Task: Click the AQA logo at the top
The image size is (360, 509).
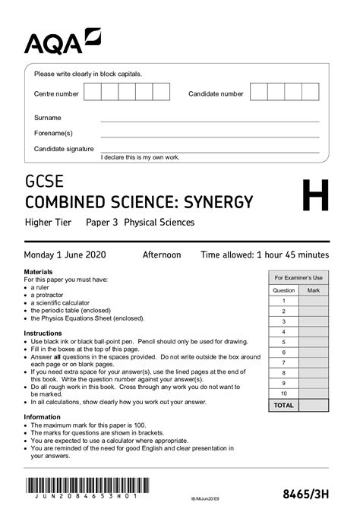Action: (62, 41)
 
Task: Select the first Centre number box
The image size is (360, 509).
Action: (92, 93)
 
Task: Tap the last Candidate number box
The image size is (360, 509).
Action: (311, 93)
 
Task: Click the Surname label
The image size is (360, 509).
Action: (48, 118)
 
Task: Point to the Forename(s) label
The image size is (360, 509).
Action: (53, 133)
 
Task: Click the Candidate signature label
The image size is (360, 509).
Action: (64, 149)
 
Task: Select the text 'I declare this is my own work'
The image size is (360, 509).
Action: (141, 157)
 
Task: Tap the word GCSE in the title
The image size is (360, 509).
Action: (45, 182)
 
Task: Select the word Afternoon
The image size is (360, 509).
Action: (162, 254)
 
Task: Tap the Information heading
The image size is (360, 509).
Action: (43, 416)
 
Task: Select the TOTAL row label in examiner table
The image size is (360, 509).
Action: (283, 406)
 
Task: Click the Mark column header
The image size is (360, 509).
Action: (314, 290)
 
